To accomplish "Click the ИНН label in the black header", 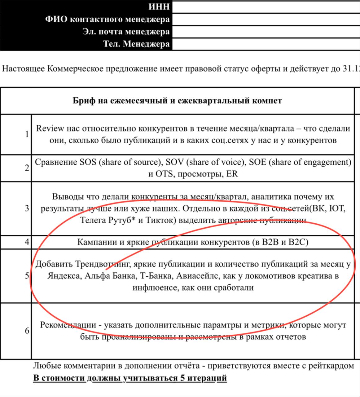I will point(159,7).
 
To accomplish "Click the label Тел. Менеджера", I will point(136,44).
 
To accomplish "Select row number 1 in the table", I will point(27,134).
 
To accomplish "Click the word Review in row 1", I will point(50,128).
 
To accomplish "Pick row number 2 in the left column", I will point(27,168).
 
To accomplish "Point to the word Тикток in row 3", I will point(161,220).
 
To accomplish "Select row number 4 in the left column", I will point(27,242).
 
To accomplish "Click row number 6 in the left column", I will point(27,331).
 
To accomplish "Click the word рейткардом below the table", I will point(331,366).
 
